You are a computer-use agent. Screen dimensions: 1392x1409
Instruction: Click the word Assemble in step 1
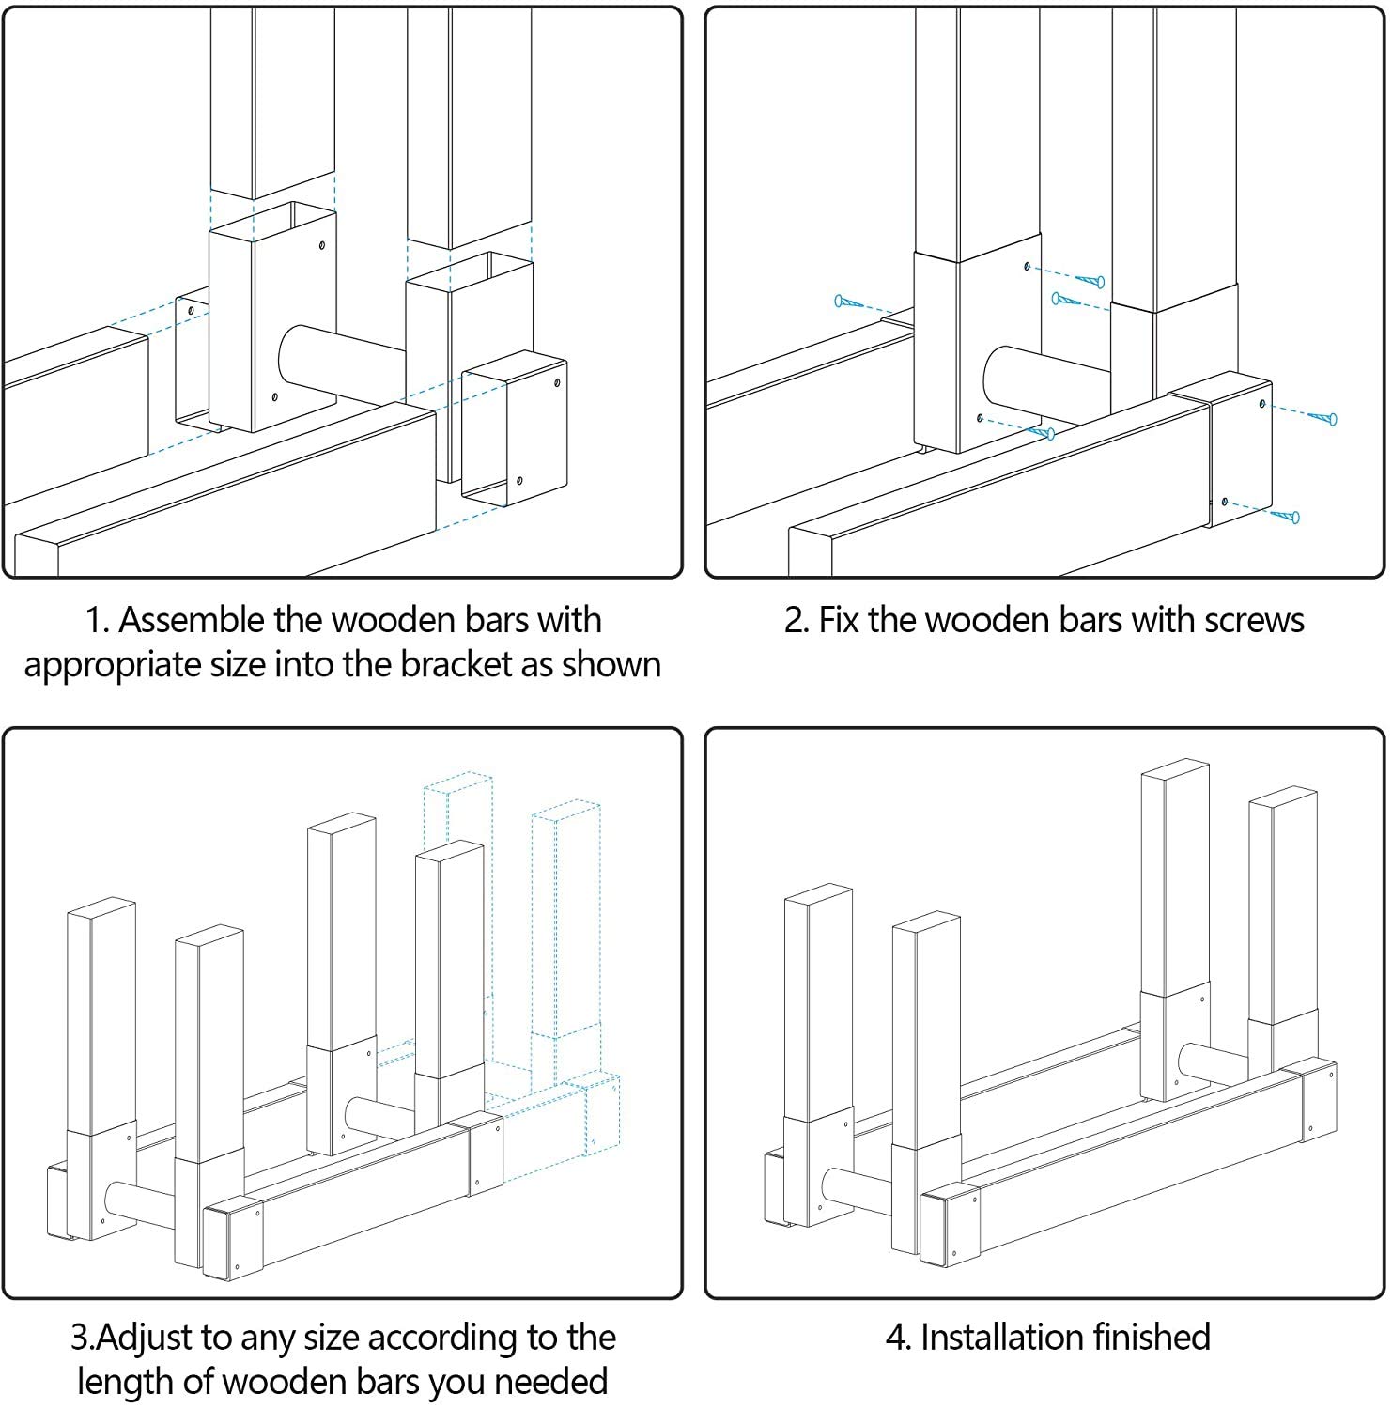pos(193,620)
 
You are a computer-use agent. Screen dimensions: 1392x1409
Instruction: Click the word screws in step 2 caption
pos(1255,621)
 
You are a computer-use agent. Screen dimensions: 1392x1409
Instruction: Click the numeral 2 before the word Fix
pos(795,621)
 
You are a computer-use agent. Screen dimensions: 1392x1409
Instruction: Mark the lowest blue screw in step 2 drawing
pos(1286,515)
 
